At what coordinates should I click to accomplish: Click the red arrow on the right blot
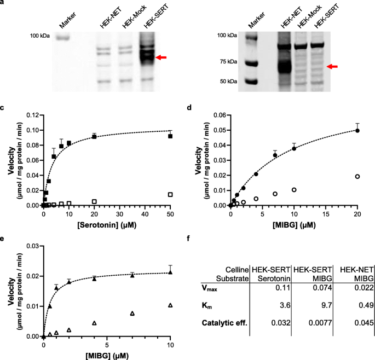(x=332, y=67)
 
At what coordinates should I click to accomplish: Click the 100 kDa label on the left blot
(x=40, y=36)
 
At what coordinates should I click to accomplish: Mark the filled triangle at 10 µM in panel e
(x=171, y=272)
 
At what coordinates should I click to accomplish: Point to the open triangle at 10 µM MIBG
(x=171, y=305)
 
